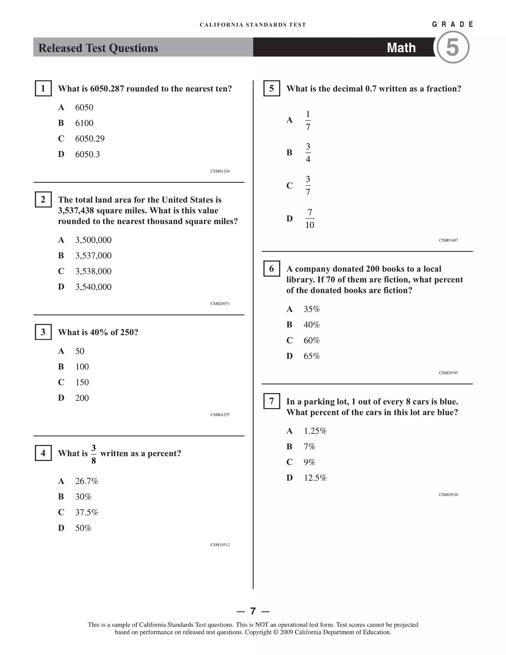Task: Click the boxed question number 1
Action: (43, 88)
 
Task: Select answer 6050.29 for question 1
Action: (90, 139)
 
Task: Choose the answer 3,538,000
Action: (93, 271)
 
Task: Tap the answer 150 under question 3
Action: (82, 382)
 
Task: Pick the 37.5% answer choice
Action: (87, 512)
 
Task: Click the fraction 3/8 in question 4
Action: (94, 454)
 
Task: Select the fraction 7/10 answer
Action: (310, 219)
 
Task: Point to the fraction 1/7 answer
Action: (308, 120)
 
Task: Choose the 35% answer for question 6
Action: (312, 309)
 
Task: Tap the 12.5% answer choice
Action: (315, 478)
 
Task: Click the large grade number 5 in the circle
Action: (453, 47)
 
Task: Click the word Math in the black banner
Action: (401, 48)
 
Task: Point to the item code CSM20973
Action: (220, 304)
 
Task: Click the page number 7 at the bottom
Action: (253, 611)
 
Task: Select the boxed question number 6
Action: (271, 269)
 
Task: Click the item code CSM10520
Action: (448, 495)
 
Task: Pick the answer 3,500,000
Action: (93, 240)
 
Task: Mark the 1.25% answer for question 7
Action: (315, 431)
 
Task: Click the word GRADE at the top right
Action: (453, 24)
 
